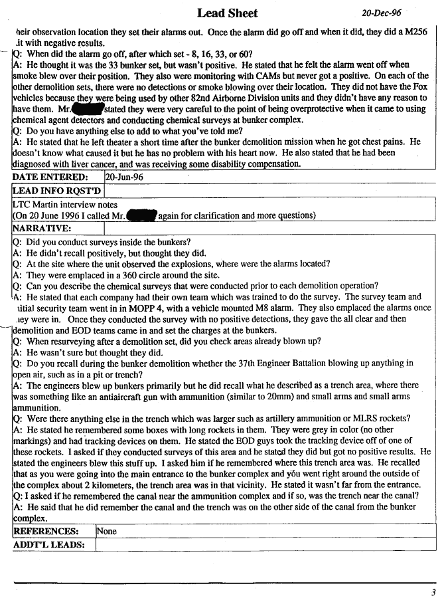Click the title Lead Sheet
click(227, 13)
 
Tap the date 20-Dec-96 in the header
click(381, 13)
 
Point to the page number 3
click(433, 593)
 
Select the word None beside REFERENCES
click(107, 532)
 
